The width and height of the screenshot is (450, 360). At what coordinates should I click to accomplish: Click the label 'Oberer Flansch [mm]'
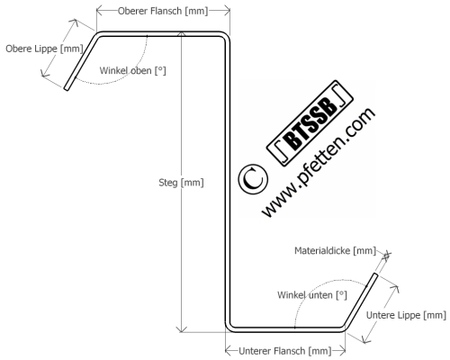pyautogui.click(x=163, y=11)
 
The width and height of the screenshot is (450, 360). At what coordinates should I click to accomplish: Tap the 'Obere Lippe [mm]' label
pyautogui.click(x=44, y=49)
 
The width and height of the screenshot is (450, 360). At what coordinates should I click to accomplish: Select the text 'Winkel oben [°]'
pyautogui.click(x=132, y=71)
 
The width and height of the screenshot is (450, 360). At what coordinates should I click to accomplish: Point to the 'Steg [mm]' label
pyautogui.click(x=181, y=183)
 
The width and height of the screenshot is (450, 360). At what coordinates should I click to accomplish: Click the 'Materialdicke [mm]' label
pyautogui.click(x=335, y=250)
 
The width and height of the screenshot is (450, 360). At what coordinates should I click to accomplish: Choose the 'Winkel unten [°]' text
pyautogui.click(x=312, y=295)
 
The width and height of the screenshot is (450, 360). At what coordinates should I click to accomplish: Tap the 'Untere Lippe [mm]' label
pyautogui.click(x=406, y=315)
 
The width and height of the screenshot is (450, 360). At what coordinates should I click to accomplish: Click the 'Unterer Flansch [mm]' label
pyautogui.click(x=285, y=351)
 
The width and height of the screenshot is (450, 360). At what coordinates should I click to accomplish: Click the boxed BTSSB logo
pyautogui.click(x=310, y=123)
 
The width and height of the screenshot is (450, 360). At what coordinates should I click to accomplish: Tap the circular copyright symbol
pyautogui.click(x=253, y=179)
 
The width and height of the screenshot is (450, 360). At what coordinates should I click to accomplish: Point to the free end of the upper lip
pyautogui.click(x=67, y=88)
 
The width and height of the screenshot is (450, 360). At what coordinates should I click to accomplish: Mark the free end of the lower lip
pyautogui.click(x=374, y=274)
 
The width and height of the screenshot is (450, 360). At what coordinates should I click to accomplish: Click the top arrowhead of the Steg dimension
pyautogui.click(x=181, y=32)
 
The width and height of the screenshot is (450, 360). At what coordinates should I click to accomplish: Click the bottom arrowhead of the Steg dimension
pyautogui.click(x=181, y=329)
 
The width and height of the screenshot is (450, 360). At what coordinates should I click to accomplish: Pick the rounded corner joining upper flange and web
pyautogui.click(x=226, y=36)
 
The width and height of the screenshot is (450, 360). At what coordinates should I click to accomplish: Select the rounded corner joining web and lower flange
pyautogui.click(x=229, y=328)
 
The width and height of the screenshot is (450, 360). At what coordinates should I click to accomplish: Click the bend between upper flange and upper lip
pyautogui.click(x=99, y=35)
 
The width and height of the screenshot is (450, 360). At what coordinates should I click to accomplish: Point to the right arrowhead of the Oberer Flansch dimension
pyautogui.click(x=228, y=11)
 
